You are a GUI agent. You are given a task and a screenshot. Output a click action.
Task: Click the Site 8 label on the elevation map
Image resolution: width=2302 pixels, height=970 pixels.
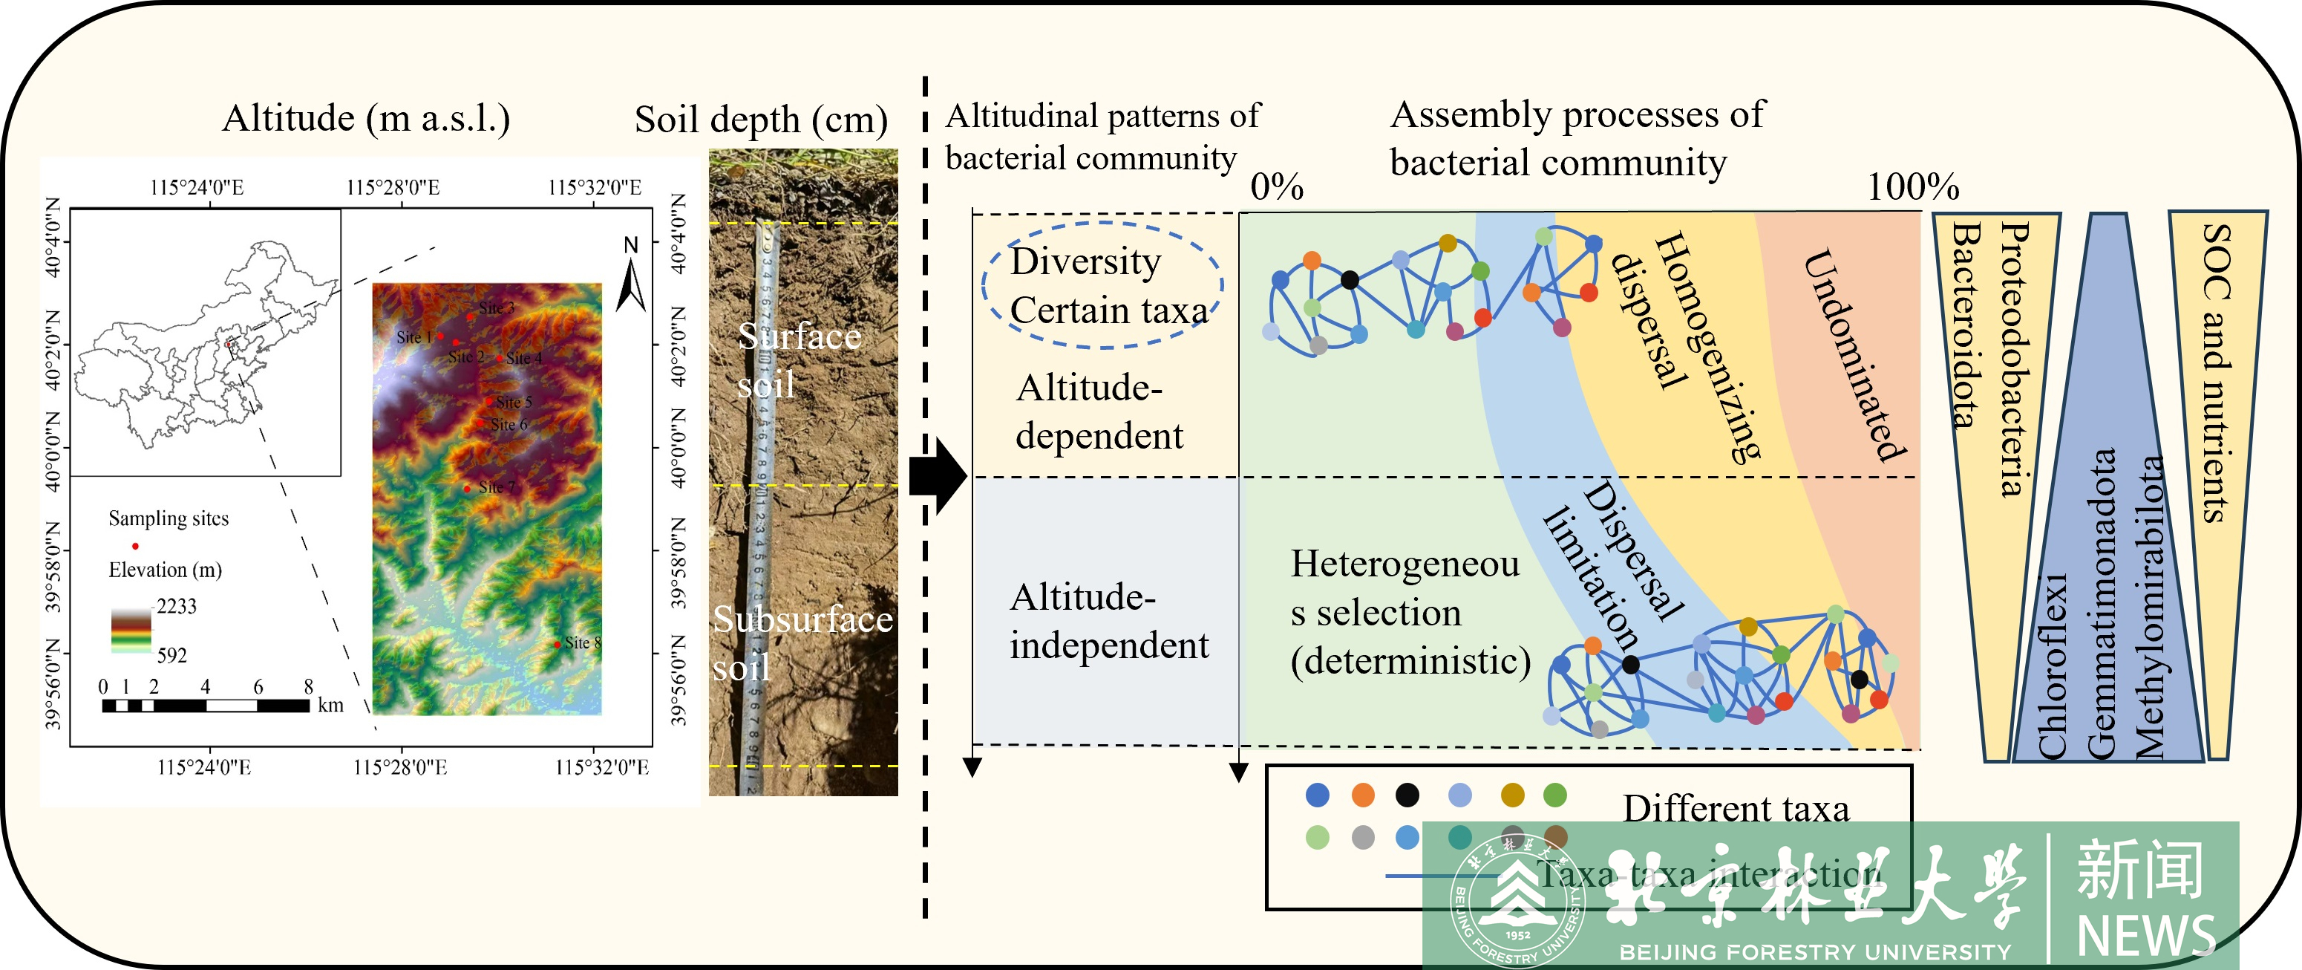tap(583, 642)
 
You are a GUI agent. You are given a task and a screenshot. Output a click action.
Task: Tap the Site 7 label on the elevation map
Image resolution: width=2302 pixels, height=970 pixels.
tap(496, 487)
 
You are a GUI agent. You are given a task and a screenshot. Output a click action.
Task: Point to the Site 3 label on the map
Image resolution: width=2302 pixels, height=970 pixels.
tap(496, 308)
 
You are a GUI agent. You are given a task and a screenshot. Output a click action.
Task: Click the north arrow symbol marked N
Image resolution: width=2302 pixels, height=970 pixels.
tap(631, 275)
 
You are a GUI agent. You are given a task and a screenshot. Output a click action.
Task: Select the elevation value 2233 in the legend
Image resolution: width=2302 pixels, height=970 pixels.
tap(176, 606)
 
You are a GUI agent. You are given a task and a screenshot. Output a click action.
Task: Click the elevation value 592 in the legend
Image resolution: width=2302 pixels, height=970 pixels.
tap(171, 655)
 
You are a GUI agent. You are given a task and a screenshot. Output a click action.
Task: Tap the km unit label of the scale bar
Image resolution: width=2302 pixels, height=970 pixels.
tap(330, 706)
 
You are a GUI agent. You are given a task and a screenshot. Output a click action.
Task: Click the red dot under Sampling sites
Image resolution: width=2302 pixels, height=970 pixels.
tap(135, 545)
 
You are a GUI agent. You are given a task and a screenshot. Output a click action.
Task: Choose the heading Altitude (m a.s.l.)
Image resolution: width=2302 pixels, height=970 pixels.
tap(367, 118)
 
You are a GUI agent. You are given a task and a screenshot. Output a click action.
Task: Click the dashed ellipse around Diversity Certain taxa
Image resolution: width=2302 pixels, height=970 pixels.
tap(1102, 285)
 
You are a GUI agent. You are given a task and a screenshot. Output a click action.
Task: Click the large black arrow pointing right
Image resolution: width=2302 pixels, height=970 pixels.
tap(938, 475)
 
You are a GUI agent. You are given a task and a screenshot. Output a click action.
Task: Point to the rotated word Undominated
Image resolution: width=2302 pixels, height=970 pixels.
tap(1854, 355)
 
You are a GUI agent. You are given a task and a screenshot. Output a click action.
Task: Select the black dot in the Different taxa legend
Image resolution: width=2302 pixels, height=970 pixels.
tap(1407, 794)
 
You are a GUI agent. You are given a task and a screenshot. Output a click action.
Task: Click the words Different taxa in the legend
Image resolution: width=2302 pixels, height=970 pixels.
tap(1736, 808)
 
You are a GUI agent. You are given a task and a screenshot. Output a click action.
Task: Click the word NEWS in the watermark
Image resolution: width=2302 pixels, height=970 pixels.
tap(2145, 936)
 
